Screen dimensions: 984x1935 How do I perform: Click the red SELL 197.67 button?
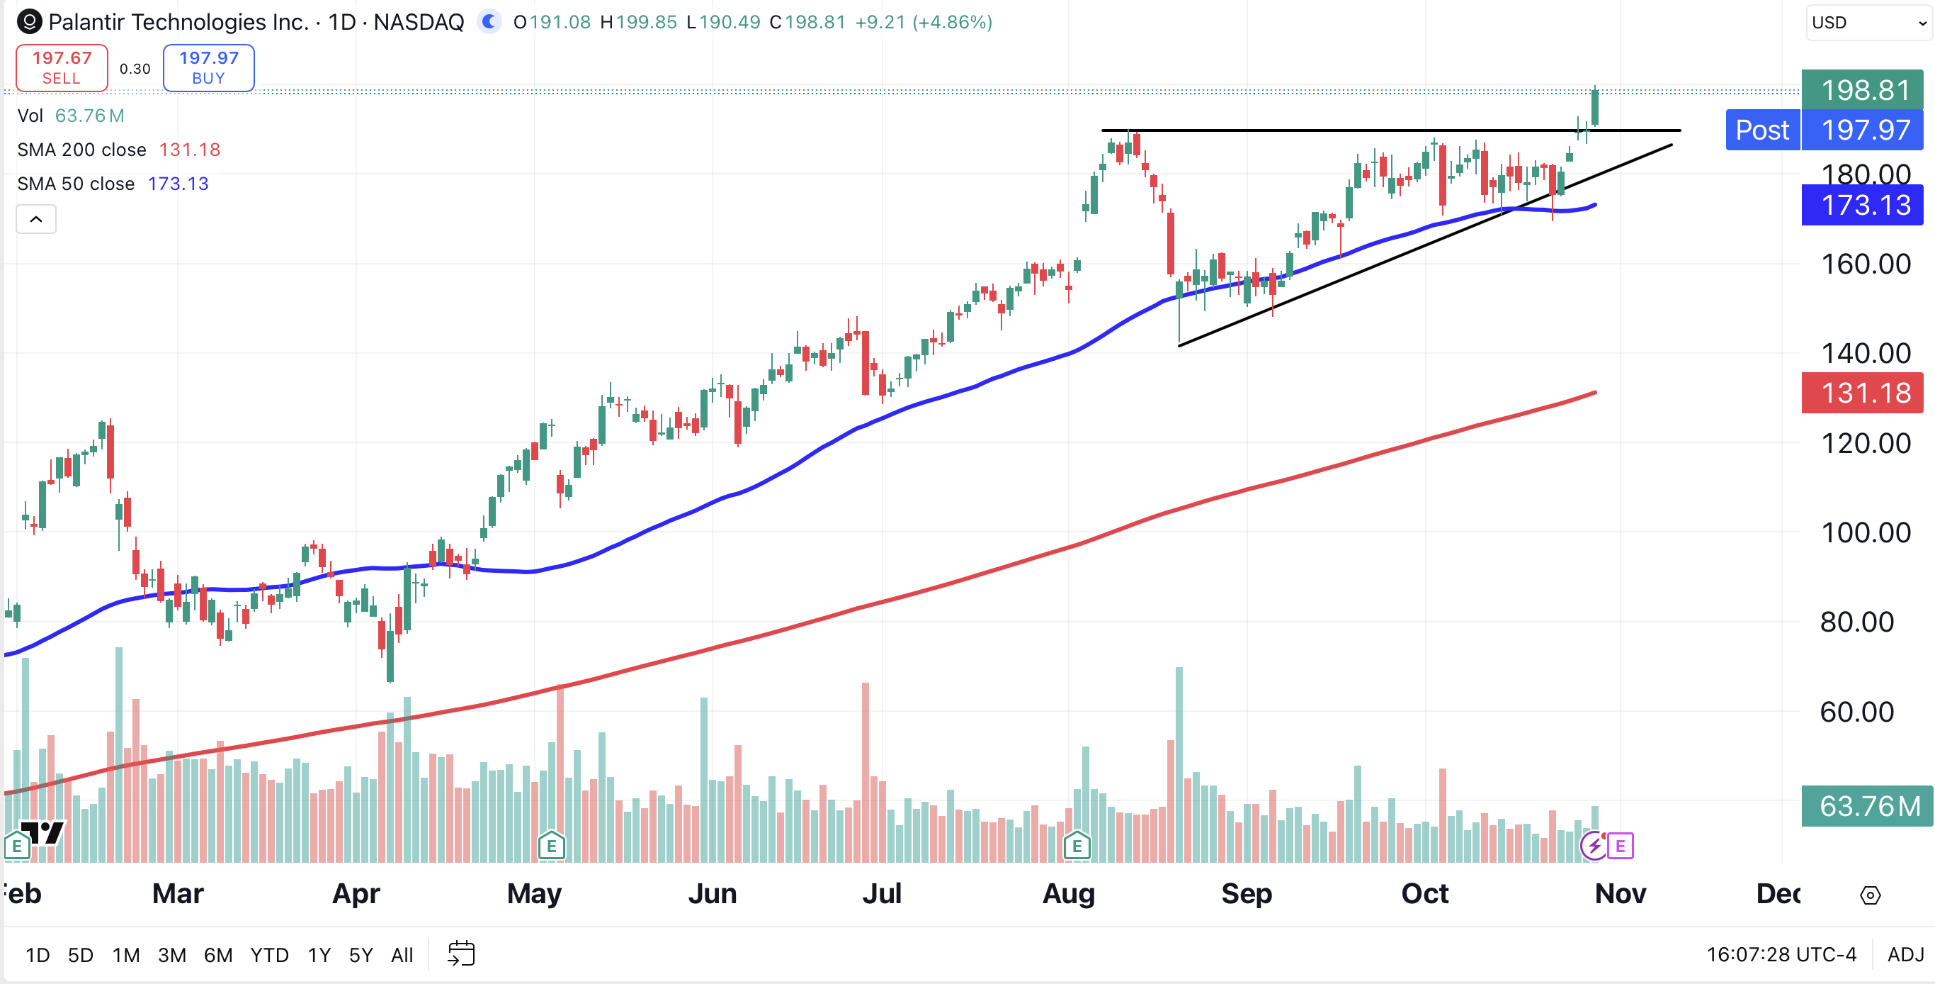62,67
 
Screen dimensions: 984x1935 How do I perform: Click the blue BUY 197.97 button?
209,67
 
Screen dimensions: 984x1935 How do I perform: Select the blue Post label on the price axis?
1761,130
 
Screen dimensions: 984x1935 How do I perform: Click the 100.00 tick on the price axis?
1865,533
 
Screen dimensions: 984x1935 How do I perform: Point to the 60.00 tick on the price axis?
1856,712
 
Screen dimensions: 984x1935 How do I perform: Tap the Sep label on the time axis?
1246,894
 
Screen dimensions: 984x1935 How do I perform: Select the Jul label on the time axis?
881,894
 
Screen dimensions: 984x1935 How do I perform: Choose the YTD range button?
269,956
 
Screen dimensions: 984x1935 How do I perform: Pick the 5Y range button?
361,956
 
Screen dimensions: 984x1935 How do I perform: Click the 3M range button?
171,956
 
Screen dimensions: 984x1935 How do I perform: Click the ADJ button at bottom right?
1905,955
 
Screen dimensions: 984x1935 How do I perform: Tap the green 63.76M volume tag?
1865,807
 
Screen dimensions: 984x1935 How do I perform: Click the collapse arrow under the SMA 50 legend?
36,220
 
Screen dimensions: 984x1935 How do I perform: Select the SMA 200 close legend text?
81,150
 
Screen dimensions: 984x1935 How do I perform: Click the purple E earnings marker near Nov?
1621,846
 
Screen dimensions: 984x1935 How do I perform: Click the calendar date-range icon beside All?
461,954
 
